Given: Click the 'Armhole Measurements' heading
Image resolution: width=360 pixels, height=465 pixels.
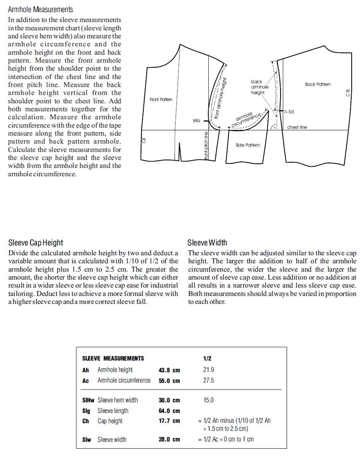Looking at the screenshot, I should pyautogui.click(x=40, y=9).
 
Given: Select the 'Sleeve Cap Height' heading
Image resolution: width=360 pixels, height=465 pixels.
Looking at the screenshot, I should pyautogui.click(x=36, y=243).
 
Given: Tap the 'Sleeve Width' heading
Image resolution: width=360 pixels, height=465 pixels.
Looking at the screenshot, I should pyautogui.click(x=207, y=243).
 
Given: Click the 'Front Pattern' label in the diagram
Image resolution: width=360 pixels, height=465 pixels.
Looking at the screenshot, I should pyautogui.click(x=161, y=100).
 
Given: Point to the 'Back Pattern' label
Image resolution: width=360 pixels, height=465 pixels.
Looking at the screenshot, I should pyautogui.click(x=318, y=84).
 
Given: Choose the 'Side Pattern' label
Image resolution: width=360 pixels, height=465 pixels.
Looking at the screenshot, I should pyautogui.click(x=248, y=145).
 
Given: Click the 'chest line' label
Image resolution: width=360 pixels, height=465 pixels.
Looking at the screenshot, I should pyautogui.click(x=297, y=127).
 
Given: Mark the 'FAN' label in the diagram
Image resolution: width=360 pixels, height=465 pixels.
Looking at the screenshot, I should pyautogui.click(x=197, y=121).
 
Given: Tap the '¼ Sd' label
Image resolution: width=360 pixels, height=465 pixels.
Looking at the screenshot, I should pyautogui.click(x=289, y=112).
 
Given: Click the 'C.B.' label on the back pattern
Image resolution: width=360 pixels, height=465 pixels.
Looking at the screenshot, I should pyautogui.click(x=347, y=92).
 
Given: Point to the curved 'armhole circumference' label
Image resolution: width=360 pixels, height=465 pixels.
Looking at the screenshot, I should pyautogui.click(x=246, y=119).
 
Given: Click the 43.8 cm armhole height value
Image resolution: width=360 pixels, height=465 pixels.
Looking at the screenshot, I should pyautogui.click(x=169, y=370).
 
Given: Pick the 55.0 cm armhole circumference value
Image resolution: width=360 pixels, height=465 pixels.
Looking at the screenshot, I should pyautogui.click(x=169, y=381).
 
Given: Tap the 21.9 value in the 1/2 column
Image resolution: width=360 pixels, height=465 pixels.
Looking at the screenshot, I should pyautogui.click(x=208, y=370).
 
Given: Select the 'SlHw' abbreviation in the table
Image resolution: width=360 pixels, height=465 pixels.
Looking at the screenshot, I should pyautogui.click(x=88, y=400).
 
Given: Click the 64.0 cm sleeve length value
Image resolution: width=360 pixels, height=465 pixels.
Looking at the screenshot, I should pyautogui.click(x=169, y=411).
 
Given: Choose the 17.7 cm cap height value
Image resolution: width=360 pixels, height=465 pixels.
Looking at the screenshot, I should pyautogui.click(x=169, y=421).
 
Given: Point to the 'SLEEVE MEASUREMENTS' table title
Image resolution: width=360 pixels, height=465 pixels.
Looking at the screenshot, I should pyautogui.click(x=113, y=358).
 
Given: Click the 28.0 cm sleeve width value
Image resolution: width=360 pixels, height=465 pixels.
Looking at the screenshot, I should pyautogui.click(x=169, y=440).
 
